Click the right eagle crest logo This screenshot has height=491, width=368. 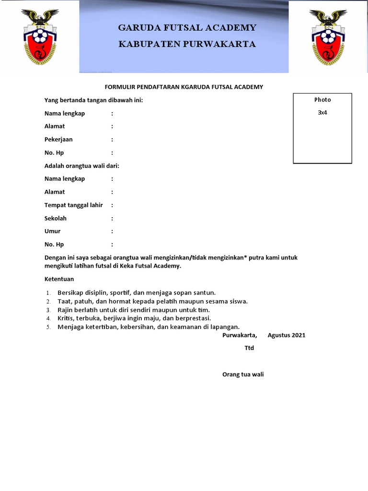tap(328, 37)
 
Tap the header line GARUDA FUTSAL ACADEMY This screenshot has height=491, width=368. tap(187, 27)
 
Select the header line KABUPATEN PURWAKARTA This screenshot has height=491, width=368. tap(187, 44)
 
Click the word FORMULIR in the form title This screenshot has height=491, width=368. tap(119, 87)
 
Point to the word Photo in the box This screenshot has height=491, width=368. tap(322, 100)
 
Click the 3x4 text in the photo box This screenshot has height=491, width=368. tap(322, 113)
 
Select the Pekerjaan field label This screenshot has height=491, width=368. tap(58, 140)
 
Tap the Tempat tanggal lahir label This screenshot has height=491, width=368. tap(73, 205)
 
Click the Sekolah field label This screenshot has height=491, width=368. tap(56, 218)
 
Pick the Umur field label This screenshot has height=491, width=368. tap(52, 231)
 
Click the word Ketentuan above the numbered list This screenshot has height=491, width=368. tap(59, 279)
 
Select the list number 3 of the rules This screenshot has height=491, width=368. tap(48, 310)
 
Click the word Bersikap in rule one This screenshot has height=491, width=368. tap(70, 292)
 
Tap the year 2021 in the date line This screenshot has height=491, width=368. tap(298, 335)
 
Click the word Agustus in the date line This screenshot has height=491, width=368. tap(279, 335)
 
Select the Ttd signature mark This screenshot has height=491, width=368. tap(249, 348)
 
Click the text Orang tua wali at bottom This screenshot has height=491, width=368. tap(243, 374)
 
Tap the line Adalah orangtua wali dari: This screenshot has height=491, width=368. tap(81, 166)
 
